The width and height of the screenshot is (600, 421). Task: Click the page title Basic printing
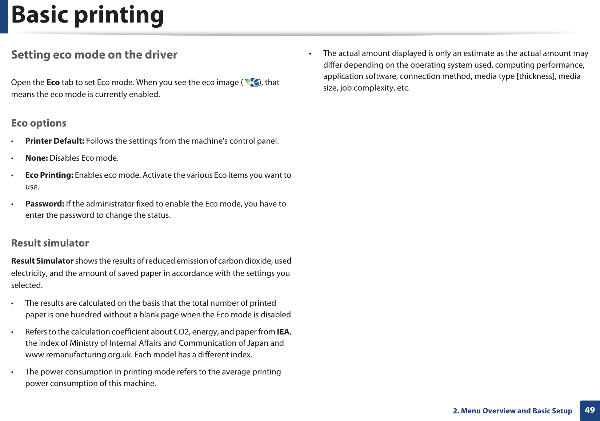pyautogui.click(x=87, y=15)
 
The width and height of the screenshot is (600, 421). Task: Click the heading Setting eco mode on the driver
pyautogui.click(x=94, y=55)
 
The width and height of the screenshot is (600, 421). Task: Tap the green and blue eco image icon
pyautogui.click(x=252, y=82)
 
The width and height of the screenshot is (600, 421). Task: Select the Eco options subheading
pyautogui.click(x=39, y=123)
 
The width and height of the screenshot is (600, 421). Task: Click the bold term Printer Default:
pyautogui.click(x=55, y=141)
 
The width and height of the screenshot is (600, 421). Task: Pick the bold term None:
pyautogui.click(x=36, y=158)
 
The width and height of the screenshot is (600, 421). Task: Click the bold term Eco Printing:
pyautogui.click(x=49, y=175)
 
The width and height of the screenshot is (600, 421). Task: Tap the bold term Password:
pyautogui.click(x=45, y=204)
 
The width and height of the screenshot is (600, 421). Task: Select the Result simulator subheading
pyautogui.click(x=50, y=243)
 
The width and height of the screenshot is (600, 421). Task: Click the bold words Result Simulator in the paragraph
pyautogui.click(x=42, y=261)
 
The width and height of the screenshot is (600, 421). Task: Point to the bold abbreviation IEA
pyautogui.click(x=283, y=332)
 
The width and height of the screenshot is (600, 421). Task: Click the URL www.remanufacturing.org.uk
pyautogui.click(x=78, y=355)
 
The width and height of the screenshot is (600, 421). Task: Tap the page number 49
pyautogui.click(x=589, y=410)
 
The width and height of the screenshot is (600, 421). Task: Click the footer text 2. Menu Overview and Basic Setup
pyautogui.click(x=512, y=411)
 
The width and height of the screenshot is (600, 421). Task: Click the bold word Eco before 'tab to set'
pyautogui.click(x=53, y=83)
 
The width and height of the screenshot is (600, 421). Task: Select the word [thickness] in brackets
pyautogui.click(x=536, y=76)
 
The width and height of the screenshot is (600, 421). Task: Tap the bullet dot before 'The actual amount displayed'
pyautogui.click(x=310, y=54)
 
